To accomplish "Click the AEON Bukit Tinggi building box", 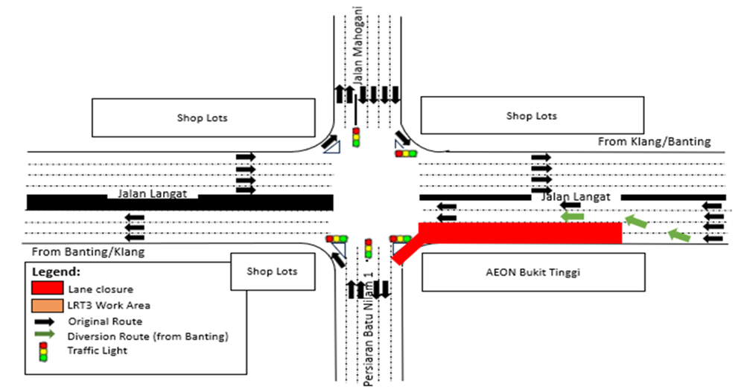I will click(x=533, y=272).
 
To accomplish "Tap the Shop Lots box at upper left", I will click(x=202, y=118).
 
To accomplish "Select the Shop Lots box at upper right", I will click(x=531, y=115).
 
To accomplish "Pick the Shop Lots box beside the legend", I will click(x=272, y=271).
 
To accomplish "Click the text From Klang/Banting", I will click(x=655, y=141).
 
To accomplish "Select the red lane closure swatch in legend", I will click(x=47, y=289).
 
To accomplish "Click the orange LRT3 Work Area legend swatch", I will click(x=47, y=305).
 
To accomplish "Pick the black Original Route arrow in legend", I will click(x=47, y=321).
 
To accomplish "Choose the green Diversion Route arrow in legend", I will click(x=47, y=335).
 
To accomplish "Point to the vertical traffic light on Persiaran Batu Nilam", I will click(x=368, y=248).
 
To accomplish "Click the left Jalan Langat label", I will click(x=157, y=194).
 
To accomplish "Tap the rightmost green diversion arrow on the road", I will click(x=678, y=235).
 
